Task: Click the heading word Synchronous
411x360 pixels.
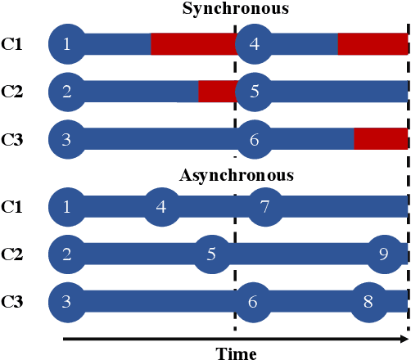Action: (236, 10)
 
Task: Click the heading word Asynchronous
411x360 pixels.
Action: (236, 174)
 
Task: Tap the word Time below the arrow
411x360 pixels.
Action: (237, 353)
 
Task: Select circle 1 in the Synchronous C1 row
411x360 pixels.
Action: (66, 43)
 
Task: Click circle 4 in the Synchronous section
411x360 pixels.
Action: (254, 43)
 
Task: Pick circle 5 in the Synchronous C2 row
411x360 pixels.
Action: (254, 91)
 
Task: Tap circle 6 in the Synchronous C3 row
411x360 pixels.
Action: (254, 139)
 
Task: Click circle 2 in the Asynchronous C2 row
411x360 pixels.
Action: (66, 254)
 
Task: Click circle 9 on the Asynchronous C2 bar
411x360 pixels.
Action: (384, 254)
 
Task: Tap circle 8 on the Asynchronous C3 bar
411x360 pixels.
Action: (368, 302)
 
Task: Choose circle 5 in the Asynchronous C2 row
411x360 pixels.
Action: (210, 254)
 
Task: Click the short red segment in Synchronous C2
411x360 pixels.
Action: (217, 91)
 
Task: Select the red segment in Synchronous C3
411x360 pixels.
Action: (380, 139)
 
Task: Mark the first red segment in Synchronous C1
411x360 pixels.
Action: (192, 43)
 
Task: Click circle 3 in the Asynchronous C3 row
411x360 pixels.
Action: (66, 302)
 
